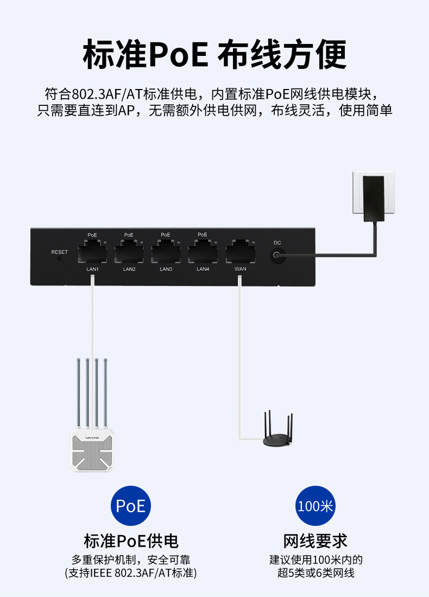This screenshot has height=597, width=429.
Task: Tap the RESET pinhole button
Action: point(59,259)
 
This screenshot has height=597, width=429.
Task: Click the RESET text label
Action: point(59,252)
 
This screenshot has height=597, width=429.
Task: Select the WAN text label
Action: point(240,269)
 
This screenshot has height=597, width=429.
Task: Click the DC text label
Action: point(277,243)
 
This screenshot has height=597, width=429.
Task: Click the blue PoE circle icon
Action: point(131,506)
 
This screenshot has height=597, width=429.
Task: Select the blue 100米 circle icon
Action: point(316,506)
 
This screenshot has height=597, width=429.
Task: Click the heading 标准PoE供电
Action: point(131,541)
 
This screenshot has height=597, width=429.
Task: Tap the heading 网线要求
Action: point(316,541)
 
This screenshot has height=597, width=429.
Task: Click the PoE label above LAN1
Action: point(92,235)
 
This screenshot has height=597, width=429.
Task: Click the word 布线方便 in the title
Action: point(282,54)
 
